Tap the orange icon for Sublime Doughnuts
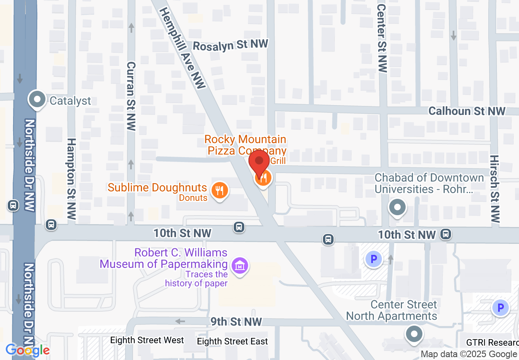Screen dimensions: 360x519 tap(220, 190)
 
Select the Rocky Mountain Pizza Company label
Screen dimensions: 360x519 tap(245, 145)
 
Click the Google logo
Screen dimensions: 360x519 tap(27, 350)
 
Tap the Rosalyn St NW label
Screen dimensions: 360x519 tap(230, 45)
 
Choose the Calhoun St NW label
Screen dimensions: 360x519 tap(467, 111)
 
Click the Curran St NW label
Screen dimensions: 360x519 tap(131, 96)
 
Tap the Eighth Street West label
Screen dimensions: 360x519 tap(147, 340)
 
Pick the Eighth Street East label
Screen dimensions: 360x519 tap(232, 341)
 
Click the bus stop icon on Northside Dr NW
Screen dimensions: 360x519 tap(13, 205)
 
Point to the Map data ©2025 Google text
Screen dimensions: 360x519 tap(469, 354)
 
